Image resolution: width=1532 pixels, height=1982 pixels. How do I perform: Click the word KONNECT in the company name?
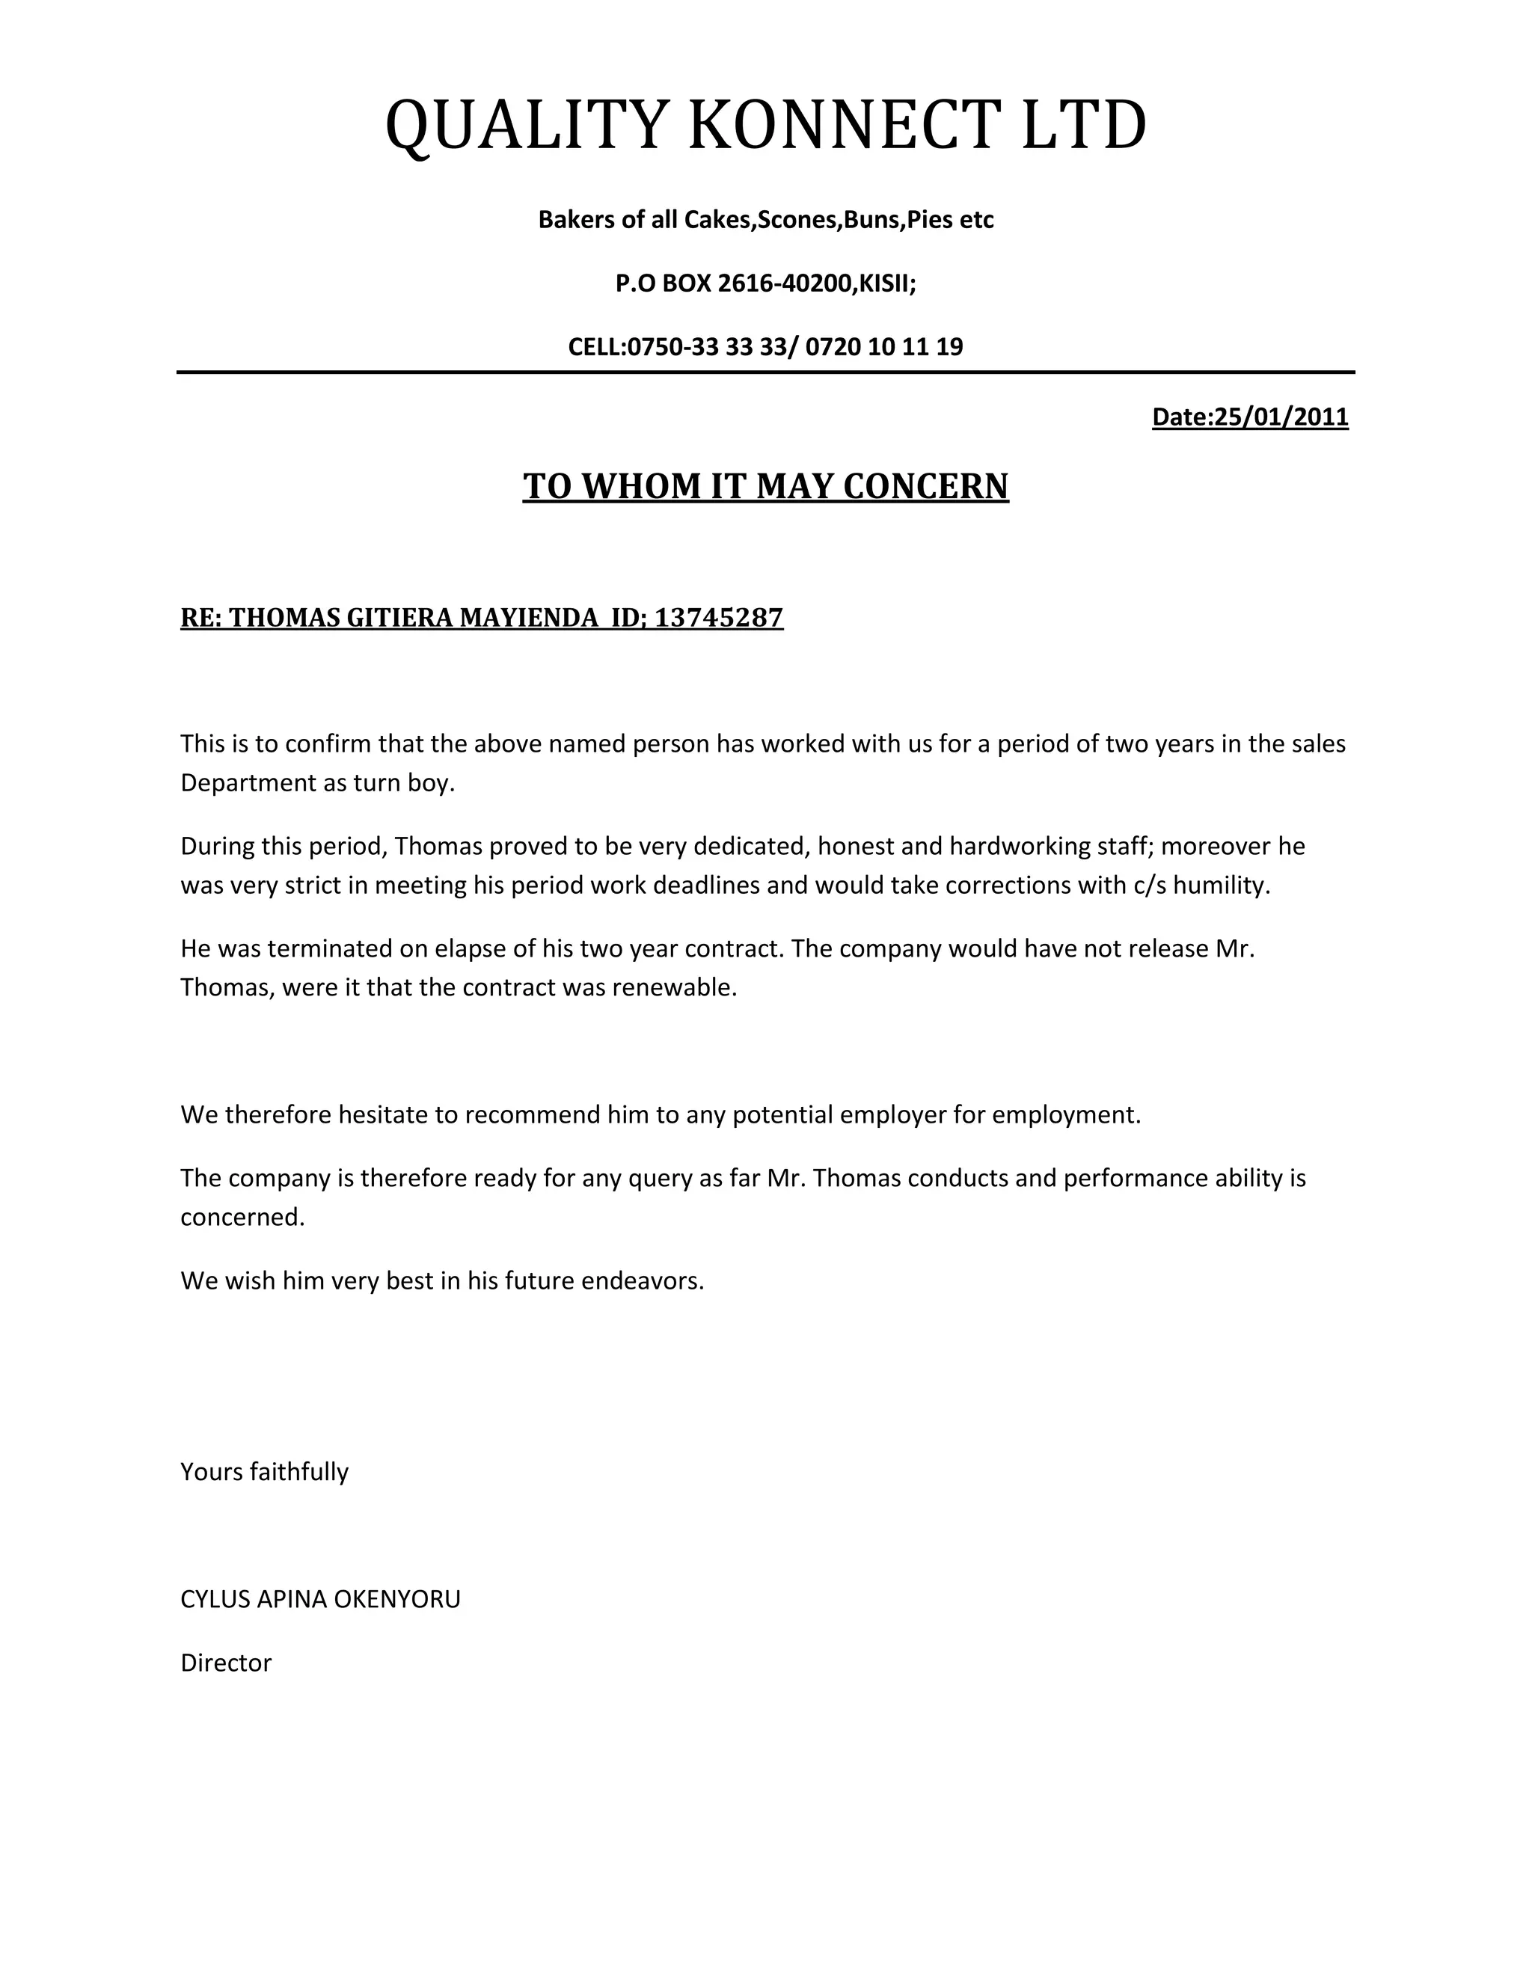point(844,125)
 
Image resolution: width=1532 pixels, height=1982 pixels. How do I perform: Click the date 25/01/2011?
point(1281,417)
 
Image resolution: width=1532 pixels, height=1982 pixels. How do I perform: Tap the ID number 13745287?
point(718,618)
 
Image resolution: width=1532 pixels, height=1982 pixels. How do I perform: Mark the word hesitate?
point(382,1114)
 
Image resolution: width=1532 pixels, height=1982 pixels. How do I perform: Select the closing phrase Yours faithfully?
point(264,1471)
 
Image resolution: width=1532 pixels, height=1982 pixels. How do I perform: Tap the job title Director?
point(226,1663)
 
